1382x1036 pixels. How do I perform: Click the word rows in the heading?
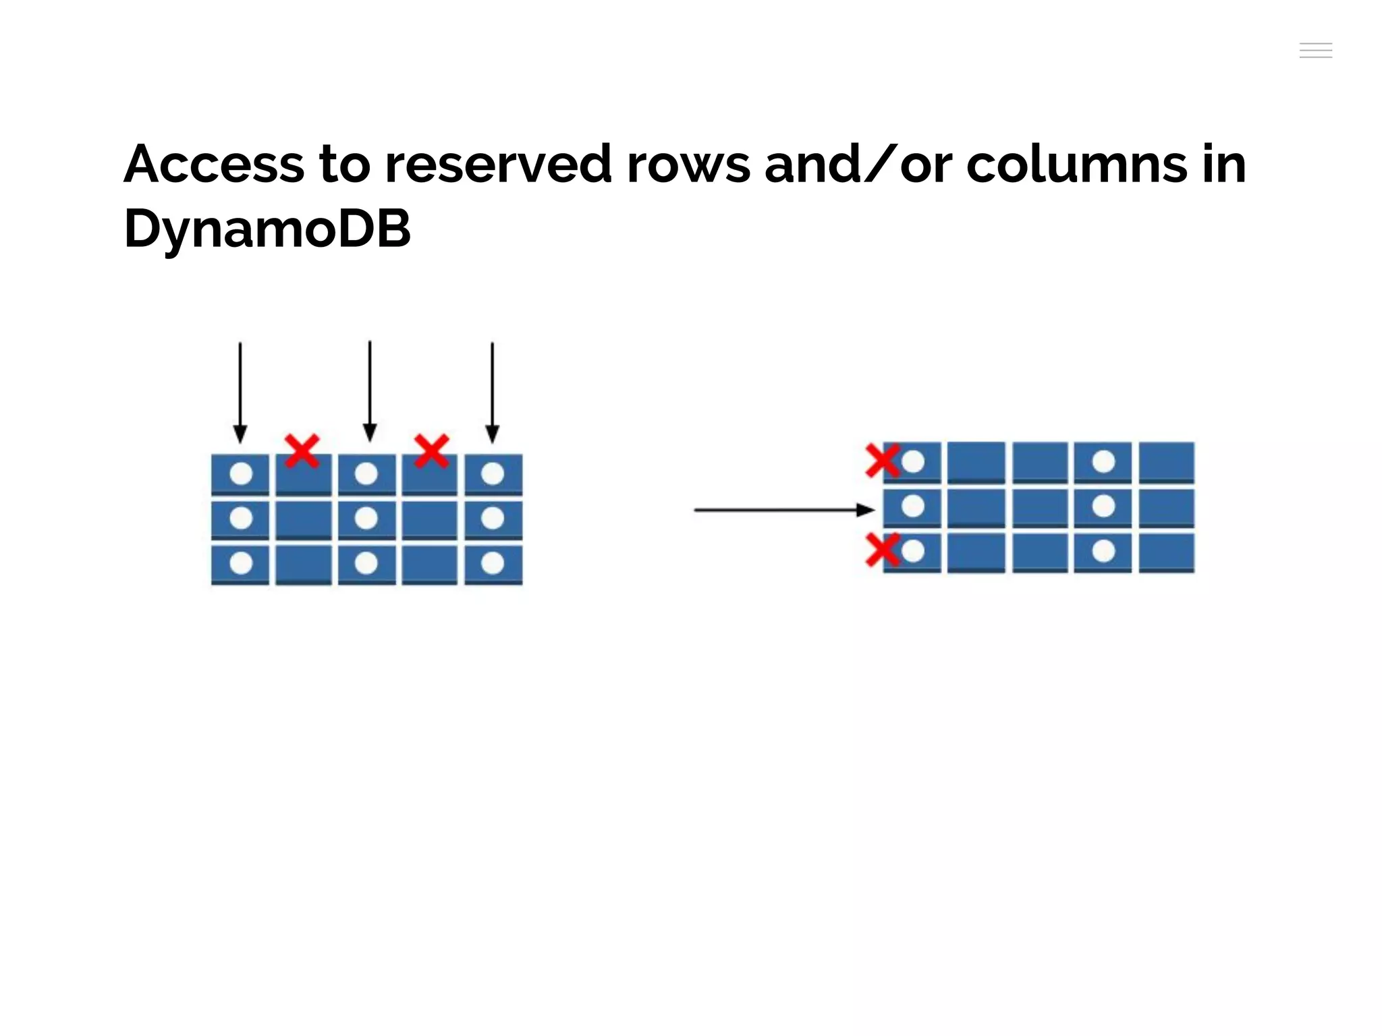(688, 166)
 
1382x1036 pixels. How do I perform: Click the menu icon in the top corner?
(1315, 51)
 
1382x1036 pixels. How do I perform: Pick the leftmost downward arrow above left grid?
(240, 391)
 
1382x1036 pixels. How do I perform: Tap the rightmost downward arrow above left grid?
(493, 391)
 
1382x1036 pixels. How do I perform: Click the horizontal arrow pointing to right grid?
(783, 510)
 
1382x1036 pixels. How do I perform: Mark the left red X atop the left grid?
(302, 451)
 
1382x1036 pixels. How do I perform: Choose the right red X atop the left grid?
(431, 451)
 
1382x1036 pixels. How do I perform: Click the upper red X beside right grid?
(882, 460)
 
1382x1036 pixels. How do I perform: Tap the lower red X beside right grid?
(882, 549)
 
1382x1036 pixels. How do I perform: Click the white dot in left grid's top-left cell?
(241, 473)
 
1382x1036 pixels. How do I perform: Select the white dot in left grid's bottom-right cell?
(493, 563)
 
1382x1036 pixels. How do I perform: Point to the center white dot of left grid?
(366, 518)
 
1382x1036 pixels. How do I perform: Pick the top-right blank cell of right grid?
(1167, 461)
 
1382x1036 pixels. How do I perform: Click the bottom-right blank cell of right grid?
(1167, 551)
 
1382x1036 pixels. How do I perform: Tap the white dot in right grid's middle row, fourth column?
(1103, 506)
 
